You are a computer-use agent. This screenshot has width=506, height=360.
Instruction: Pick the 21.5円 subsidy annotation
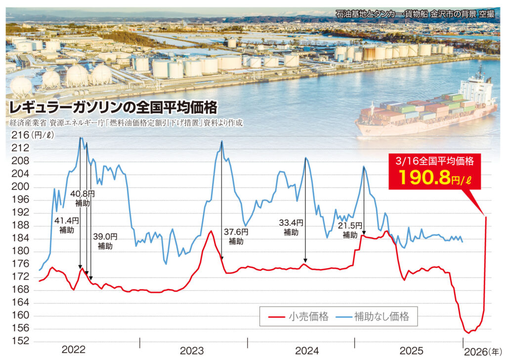pos(350,230)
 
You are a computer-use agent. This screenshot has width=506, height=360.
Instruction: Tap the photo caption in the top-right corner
pos(415,14)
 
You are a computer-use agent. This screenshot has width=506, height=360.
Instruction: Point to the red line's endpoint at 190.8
pos(486,217)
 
